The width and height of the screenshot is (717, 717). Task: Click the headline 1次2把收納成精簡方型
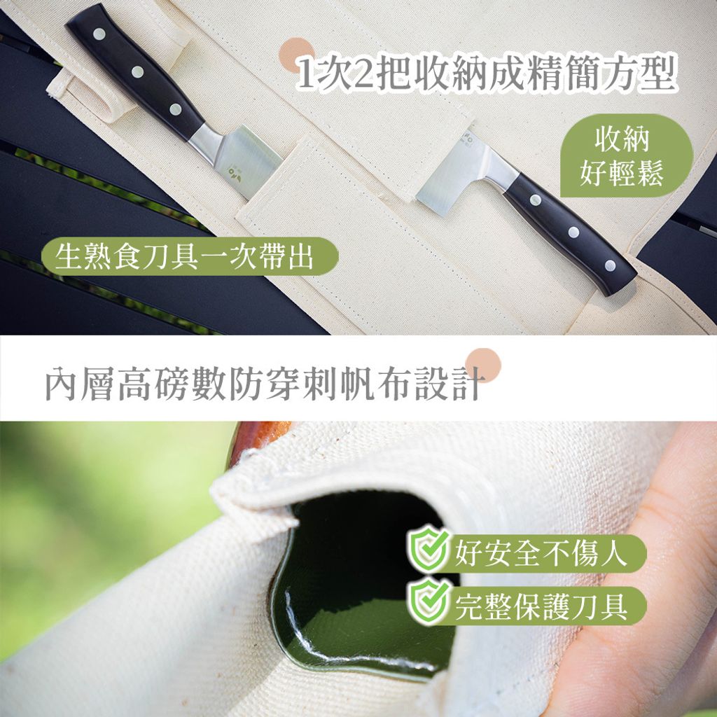click(486, 74)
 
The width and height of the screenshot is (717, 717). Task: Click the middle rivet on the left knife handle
click(137, 71)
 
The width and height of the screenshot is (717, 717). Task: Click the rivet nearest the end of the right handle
click(610, 265)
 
